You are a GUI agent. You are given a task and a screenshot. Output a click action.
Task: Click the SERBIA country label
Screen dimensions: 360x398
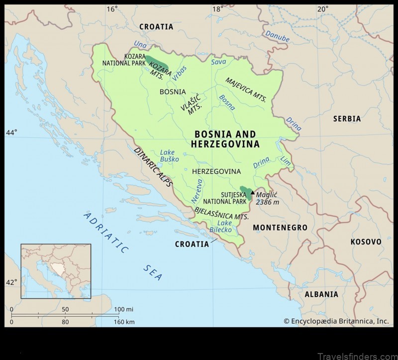(x=347, y=119)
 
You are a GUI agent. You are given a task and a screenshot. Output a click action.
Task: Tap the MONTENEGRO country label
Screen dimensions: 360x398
(x=280, y=228)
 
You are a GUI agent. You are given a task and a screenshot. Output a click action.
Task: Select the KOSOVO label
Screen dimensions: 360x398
(x=366, y=241)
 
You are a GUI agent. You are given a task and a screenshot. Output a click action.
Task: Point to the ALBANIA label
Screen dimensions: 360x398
(x=321, y=294)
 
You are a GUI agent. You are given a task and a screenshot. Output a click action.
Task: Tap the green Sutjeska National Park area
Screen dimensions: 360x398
(x=245, y=193)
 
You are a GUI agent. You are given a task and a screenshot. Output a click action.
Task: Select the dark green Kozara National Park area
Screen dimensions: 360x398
(x=156, y=64)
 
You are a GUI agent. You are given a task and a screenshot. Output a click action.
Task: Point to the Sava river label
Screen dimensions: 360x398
(x=218, y=62)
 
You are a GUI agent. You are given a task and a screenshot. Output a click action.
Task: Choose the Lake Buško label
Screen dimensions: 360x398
(x=167, y=156)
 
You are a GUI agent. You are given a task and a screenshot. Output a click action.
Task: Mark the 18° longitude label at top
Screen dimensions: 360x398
(x=217, y=9)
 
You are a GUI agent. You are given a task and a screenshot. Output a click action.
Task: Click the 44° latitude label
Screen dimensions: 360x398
(x=11, y=132)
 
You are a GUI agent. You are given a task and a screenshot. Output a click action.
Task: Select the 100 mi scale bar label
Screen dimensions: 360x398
(x=124, y=309)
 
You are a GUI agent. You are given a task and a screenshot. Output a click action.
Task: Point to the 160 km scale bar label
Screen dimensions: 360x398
(x=123, y=322)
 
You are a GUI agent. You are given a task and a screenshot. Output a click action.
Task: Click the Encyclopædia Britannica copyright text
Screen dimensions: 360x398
(x=336, y=321)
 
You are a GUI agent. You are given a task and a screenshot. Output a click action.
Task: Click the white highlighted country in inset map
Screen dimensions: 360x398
(x=59, y=269)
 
